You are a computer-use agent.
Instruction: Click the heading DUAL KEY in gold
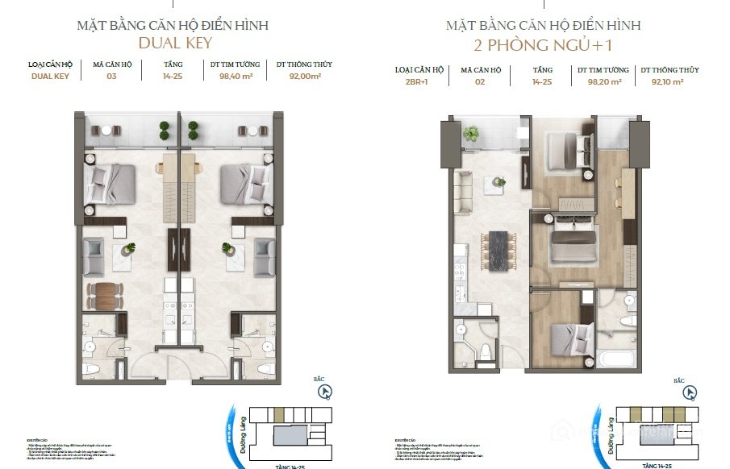tap(174, 43)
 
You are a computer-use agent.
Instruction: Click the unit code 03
tap(112, 78)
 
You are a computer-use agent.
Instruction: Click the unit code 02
tap(482, 82)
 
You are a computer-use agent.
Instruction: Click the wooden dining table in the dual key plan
tap(105, 296)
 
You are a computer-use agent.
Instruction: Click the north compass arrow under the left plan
tap(324, 393)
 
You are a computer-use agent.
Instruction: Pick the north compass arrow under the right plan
tap(689, 393)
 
